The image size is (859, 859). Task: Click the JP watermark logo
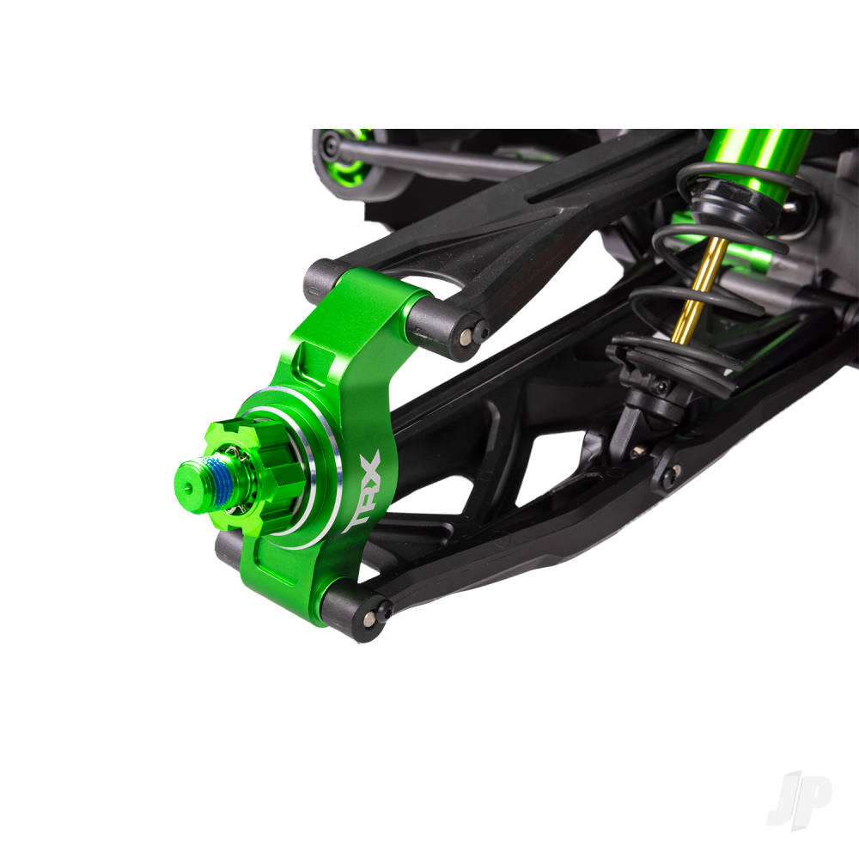pyautogui.click(x=799, y=798)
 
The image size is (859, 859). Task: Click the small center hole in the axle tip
pyautogui.click(x=188, y=484)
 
